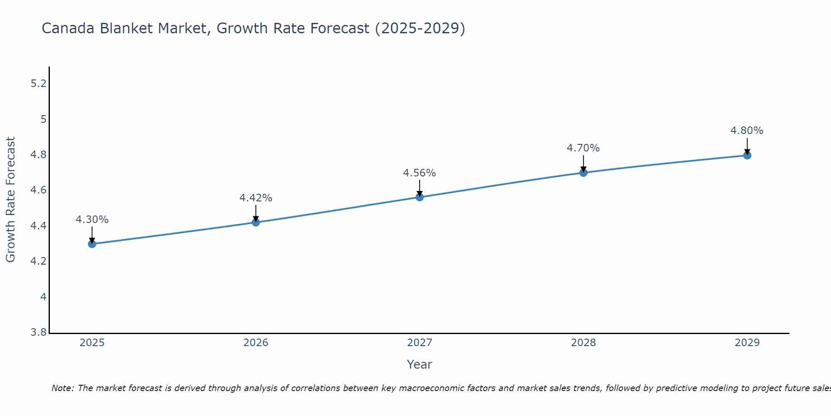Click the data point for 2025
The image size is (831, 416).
92,244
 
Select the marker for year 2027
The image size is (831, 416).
420,197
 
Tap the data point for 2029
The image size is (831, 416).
747,156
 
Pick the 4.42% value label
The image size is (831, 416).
256,198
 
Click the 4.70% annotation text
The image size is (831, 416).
583,148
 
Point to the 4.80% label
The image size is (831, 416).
747,131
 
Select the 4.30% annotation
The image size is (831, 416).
92,220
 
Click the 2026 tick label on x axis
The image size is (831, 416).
256,343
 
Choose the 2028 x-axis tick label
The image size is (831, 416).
583,343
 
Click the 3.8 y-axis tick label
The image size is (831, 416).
39,332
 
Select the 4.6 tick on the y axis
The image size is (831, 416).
39,191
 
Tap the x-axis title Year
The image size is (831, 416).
420,364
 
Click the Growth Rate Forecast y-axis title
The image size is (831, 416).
11,200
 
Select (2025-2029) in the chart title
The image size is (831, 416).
420,29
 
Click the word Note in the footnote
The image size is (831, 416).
61,388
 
